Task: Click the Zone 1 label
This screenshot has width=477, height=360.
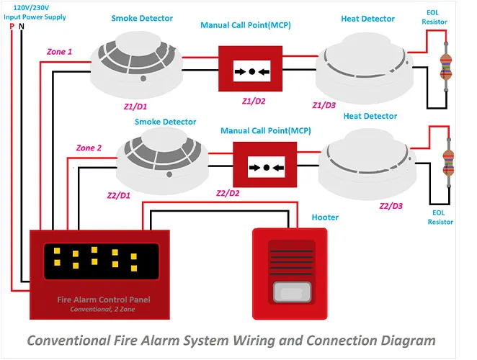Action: point(59,52)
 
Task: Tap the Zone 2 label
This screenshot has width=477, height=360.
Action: point(89,148)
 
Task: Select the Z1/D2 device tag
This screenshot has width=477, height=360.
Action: point(254,102)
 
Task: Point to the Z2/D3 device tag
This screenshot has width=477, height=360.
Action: point(391,206)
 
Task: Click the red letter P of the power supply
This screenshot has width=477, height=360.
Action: point(12,27)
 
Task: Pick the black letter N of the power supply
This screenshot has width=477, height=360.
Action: point(22,27)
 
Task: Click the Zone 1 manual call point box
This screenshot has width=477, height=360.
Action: point(250,68)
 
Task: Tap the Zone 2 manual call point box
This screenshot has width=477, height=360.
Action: point(265,164)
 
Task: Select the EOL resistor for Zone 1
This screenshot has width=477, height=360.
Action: point(446,67)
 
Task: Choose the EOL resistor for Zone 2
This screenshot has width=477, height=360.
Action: point(448,163)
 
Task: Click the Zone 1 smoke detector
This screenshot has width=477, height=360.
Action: point(136,65)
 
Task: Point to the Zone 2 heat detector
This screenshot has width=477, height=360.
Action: point(367,164)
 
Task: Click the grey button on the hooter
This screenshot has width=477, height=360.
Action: point(292,292)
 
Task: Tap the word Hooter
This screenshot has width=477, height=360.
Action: point(325,217)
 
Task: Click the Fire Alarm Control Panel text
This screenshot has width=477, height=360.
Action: point(104,300)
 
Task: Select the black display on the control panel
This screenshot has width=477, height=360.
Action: point(102,261)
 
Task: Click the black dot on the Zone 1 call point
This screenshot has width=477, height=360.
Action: point(252,72)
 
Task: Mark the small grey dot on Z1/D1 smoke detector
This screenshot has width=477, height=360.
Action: point(143,78)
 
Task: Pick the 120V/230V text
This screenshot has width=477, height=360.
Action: point(31,8)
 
